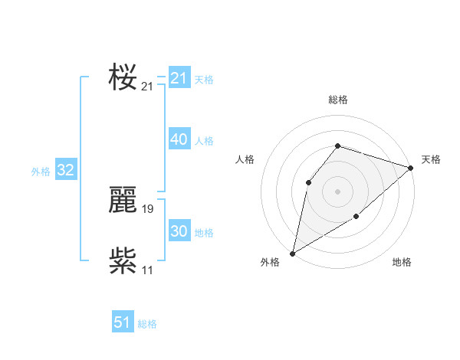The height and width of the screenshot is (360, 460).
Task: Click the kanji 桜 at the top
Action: point(123,78)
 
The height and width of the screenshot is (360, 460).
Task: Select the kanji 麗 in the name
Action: point(123,201)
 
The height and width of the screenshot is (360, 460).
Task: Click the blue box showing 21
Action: point(179,78)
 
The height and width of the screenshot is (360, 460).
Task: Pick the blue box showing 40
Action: point(179,139)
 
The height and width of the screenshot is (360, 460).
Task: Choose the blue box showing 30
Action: point(179,231)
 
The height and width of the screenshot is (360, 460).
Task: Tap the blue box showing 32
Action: point(65,170)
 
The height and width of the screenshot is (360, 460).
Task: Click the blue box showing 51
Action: point(123,322)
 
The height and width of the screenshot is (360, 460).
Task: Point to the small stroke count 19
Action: point(148,209)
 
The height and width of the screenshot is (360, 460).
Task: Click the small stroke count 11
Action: point(148,270)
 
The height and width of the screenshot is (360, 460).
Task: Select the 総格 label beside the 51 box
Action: point(147,324)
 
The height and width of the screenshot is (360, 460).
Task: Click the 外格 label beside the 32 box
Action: point(41,172)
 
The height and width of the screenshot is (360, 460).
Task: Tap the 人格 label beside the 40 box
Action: point(204,141)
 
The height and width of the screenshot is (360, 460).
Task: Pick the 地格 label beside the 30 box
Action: point(204,233)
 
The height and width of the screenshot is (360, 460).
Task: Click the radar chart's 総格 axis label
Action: point(337,100)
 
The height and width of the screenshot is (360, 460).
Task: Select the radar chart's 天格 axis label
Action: point(431,159)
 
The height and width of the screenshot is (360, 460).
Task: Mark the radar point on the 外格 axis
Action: point(293,253)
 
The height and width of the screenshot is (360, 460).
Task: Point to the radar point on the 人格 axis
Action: point(308,182)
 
